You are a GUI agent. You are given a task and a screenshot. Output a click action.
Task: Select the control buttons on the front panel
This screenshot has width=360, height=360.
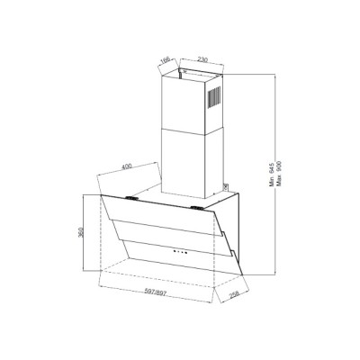[x=178, y=249]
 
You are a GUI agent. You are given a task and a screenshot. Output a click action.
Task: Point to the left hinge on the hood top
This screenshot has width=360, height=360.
[x=132, y=197]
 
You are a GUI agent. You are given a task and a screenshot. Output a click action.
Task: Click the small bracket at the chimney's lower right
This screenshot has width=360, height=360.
[x=220, y=187]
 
